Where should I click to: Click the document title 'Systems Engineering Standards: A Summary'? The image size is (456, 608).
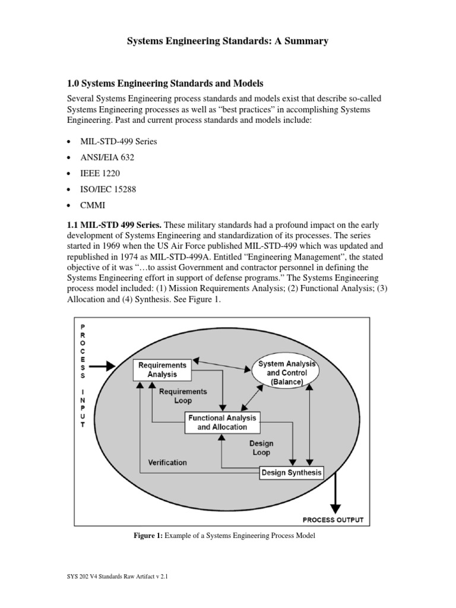(x=228, y=41)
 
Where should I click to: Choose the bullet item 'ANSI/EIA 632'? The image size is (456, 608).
(x=110, y=157)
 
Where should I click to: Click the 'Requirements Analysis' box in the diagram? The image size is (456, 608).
(x=162, y=369)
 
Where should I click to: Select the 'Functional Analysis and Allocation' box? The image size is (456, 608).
(x=223, y=422)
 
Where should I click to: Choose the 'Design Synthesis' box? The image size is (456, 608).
(x=292, y=473)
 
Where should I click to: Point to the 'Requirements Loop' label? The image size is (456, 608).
(x=182, y=395)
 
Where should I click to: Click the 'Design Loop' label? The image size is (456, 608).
(x=261, y=447)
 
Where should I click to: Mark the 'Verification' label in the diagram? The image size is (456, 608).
(x=167, y=462)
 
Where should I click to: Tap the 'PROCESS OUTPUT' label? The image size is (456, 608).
(x=332, y=520)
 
